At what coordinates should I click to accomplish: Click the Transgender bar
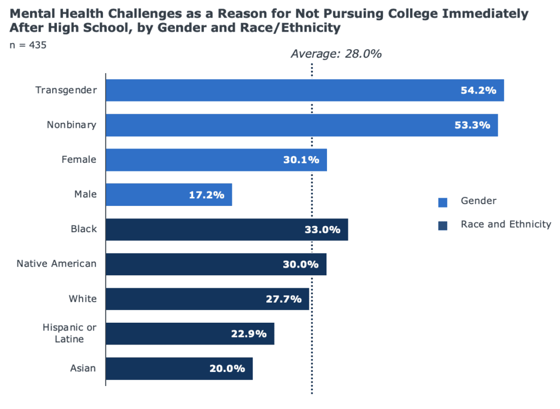[x=304, y=90]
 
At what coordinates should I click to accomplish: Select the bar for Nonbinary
[x=301, y=125]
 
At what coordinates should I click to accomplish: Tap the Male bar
[x=168, y=194]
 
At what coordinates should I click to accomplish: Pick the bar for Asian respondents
[x=179, y=369]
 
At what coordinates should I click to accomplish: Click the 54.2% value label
[x=479, y=90]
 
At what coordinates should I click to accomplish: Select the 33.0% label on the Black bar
[x=322, y=230]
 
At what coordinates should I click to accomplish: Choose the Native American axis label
[x=56, y=264]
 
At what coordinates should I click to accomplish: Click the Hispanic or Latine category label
[x=71, y=333]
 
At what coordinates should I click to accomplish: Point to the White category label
[x=83, y=299]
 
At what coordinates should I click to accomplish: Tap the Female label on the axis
[x=79, y=159]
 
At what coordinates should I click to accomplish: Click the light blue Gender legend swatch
[x=442, y=203]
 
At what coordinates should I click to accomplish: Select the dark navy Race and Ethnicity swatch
[x=442, y=226]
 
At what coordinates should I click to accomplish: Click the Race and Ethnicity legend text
[x=506, y=224]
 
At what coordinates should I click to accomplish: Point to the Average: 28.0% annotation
[x=335, y=54]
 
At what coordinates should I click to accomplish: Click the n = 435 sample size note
[x=28, y=45]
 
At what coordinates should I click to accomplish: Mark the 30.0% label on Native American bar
[x=301, y=264]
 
